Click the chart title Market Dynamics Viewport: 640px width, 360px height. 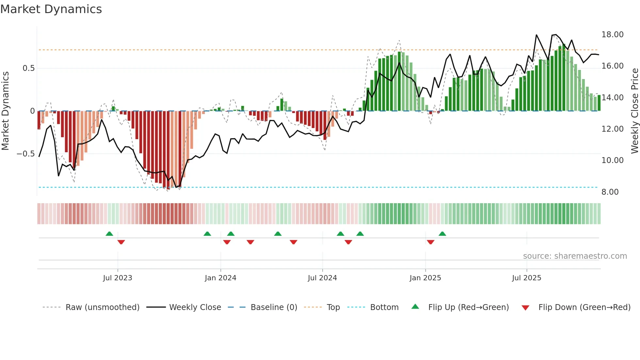tap(51, 9)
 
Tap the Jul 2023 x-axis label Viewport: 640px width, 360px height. tap(118, 278)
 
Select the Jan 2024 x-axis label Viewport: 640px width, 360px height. tap(220, 278)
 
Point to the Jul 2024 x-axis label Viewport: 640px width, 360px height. tap(322, 278)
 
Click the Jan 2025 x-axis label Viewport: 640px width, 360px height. tap(425, 278)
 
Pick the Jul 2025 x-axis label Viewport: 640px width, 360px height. tap(526, 278)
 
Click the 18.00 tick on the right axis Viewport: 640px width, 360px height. tap(612, 35)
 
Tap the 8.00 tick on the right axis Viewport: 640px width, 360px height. tap(610, 192)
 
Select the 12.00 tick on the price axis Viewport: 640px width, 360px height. tap(612, 129)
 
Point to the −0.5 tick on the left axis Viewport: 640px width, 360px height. tap(25, 154)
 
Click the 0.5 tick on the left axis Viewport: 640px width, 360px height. tap(28, 68)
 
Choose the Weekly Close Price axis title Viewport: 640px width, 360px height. tap(634, 111)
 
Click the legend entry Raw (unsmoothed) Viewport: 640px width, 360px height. tap(102, 307)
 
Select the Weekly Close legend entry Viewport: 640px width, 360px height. tap(195, 307)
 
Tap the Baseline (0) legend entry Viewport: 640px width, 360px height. tap(274, 307)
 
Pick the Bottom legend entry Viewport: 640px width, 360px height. tap(384, 307)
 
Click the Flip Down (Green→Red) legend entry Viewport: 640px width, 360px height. tap(584, 307)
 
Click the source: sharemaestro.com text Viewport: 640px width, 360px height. tap(575, 256)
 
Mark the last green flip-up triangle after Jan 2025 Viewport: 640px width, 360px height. tap(442, 234)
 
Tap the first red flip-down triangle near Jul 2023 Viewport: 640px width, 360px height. tap(121, 242)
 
